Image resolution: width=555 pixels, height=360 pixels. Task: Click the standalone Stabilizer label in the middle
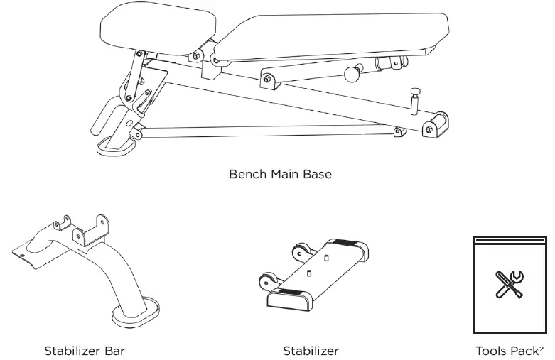[311, 351]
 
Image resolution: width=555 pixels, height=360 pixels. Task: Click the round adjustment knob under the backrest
[350, 74]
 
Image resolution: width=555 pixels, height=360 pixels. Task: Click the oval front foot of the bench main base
[117, 145]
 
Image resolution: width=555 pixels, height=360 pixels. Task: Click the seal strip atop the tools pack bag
[509, 240]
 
